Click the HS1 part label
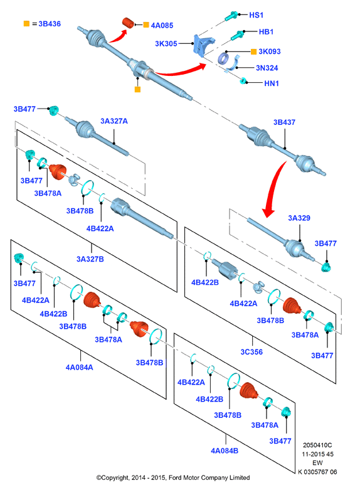257,15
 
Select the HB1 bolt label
266,31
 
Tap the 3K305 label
166,44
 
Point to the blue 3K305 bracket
203,45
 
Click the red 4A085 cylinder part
128,23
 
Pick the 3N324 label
267,68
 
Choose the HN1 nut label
271,83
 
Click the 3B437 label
284,122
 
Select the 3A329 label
299,218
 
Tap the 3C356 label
251,352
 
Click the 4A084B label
225,450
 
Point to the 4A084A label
80,367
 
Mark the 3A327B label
90,259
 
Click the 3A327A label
114,121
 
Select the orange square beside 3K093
254,51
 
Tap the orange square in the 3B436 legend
26,23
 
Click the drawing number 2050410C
317,445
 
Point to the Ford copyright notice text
173,477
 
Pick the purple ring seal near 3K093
223,58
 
